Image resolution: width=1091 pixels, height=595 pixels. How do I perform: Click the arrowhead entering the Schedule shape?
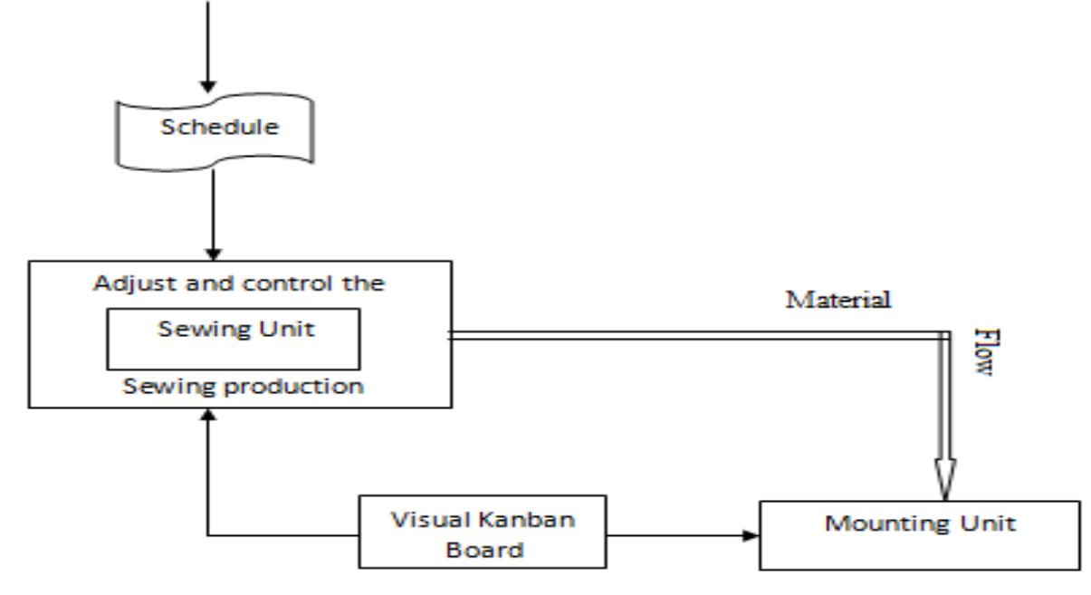[208, 88]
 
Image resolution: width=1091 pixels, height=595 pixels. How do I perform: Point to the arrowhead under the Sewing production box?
[208, 413]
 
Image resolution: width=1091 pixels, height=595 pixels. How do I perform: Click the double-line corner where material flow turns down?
[944, 334]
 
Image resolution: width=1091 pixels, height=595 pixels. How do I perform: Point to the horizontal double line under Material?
[697, 334]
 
